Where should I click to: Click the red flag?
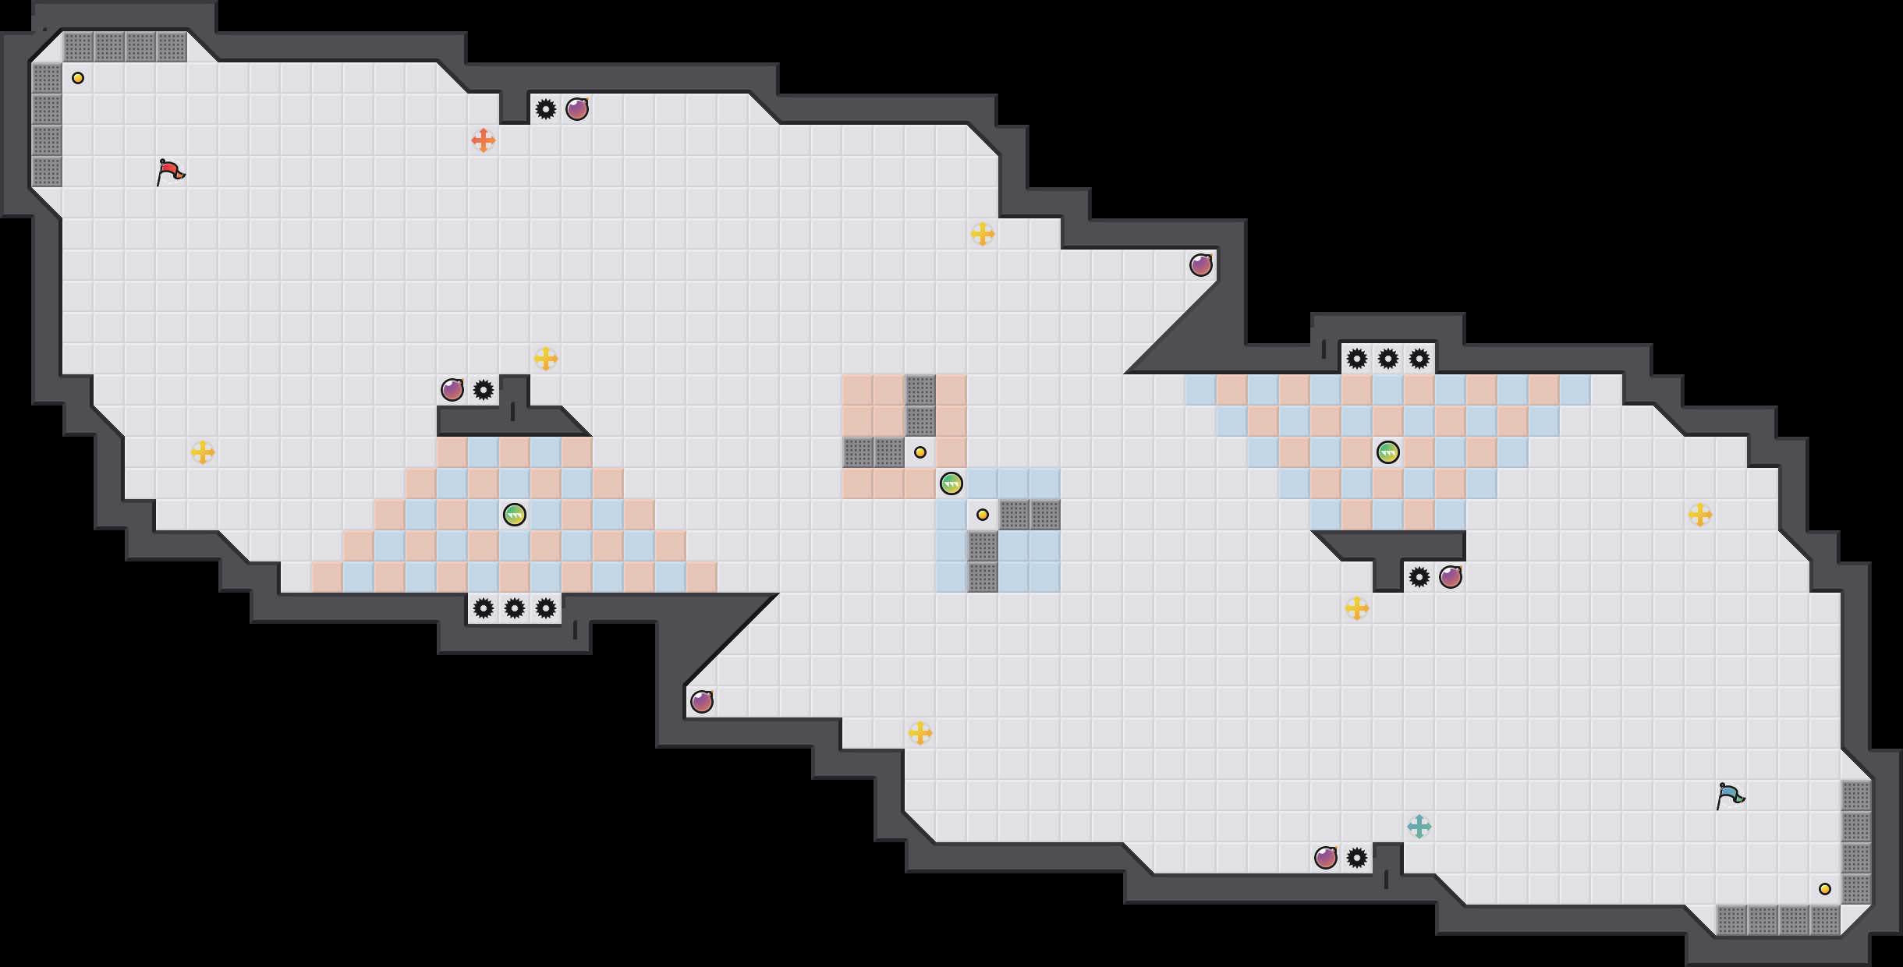pos(170,172)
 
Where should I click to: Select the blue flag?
pos(1730,795)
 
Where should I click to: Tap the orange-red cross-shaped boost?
pos(484,140)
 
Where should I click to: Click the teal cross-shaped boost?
pos(1419,827)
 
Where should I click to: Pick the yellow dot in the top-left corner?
pos(78,78)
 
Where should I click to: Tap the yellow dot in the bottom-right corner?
pos(1825,889)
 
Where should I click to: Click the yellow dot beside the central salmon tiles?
pos(920,452)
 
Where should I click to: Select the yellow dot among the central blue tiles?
pos(983,515)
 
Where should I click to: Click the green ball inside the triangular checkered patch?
pos(515,515)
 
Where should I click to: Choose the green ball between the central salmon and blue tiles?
pos(951,483)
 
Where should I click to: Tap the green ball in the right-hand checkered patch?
pos(1388,452)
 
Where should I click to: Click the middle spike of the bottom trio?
pos(515,608)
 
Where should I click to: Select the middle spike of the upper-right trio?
pos(1388,359)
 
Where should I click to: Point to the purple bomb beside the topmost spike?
pos(577,109)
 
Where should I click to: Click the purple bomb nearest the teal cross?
pos(1326,858)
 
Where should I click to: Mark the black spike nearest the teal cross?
pos(1357,858)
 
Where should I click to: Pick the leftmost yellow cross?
pos(203,452)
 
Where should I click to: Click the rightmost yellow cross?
pos(1700,515)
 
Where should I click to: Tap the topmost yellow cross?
pos(983,234)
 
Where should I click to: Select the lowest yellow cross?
pos(920,733)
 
